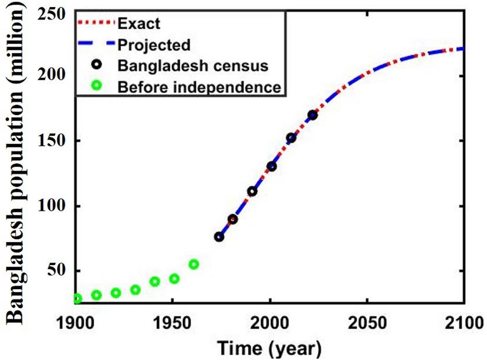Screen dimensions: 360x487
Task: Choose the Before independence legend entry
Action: coord(198,87)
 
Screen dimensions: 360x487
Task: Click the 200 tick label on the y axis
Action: coord(52,76)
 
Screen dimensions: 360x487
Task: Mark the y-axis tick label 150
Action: coord(52,141)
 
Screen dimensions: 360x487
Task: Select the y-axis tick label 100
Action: coord(52,207)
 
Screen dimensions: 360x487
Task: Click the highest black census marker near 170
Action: coord(312,115)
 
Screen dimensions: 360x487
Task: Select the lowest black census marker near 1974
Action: coord(219,237)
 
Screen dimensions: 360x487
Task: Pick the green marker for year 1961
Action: coord(193,264)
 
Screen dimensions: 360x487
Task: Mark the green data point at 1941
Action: coord(154,282)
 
